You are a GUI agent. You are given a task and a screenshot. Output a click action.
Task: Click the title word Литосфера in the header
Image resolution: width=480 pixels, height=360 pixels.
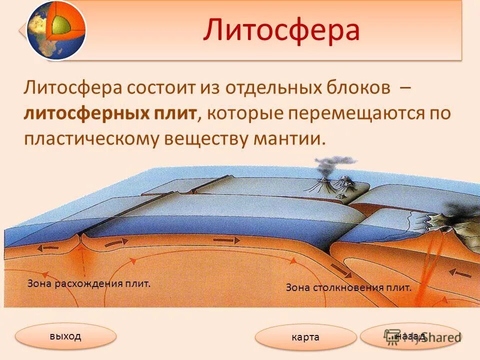point(281,30)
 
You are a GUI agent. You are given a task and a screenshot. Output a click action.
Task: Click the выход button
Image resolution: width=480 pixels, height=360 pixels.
point(65,336)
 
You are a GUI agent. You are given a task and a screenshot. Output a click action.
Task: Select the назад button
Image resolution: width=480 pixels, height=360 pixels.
point(410,336)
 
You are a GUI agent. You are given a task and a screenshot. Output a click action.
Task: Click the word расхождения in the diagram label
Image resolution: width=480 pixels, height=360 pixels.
point(95,283)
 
